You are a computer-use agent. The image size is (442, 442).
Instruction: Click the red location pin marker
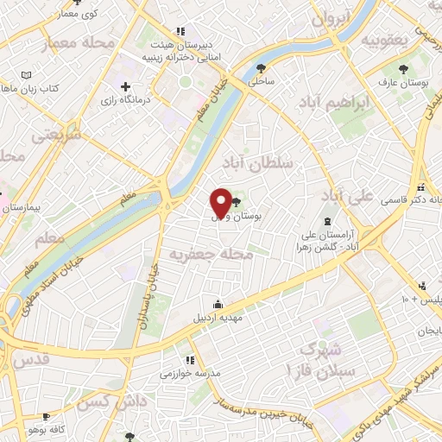click(x=220, y=202)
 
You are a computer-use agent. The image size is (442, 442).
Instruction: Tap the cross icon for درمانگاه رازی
click(x=127, y=87)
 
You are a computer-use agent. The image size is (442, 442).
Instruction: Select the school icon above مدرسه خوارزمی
click(x=190, y=360)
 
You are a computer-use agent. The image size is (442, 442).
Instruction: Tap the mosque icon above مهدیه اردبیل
click(x=217, y=303)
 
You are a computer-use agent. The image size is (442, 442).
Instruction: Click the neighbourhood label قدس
click(x=30, y=358)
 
